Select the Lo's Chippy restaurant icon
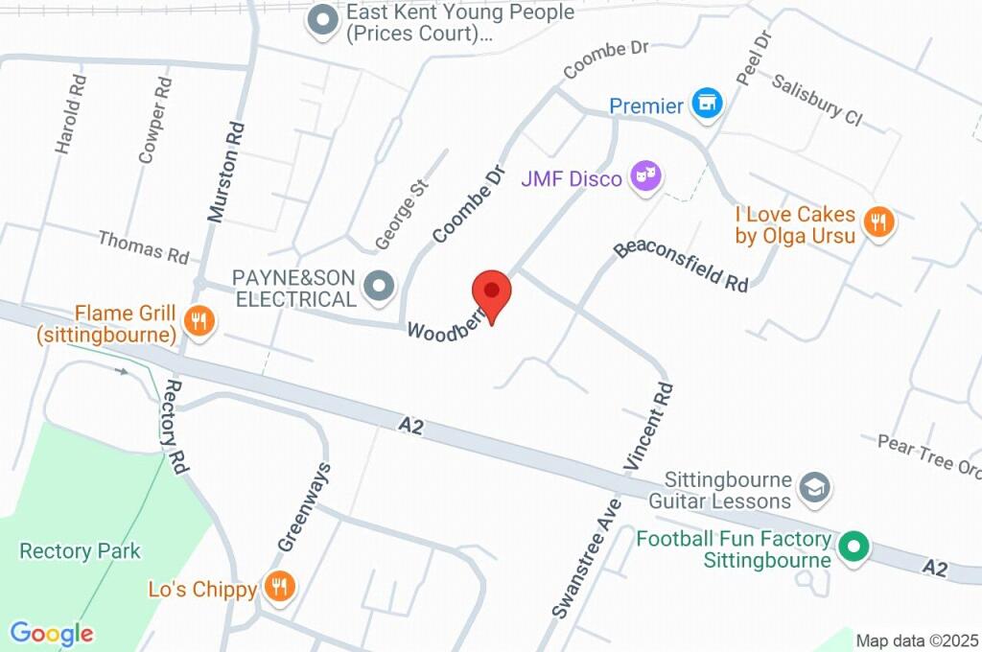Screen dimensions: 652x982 279,586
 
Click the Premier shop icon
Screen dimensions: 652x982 707,105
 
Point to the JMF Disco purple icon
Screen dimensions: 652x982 645,175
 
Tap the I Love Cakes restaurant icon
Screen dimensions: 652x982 877,222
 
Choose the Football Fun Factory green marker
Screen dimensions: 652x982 853,547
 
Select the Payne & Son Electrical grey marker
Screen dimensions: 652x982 381,286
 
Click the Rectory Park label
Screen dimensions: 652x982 80,551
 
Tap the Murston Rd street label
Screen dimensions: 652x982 226,173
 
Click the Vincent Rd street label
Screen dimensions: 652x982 650,427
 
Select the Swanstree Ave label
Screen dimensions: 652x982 587,556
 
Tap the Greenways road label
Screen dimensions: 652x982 304,507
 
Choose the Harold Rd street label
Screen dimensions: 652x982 71,114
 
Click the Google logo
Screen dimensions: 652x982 52,634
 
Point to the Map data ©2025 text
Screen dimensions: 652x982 918,640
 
